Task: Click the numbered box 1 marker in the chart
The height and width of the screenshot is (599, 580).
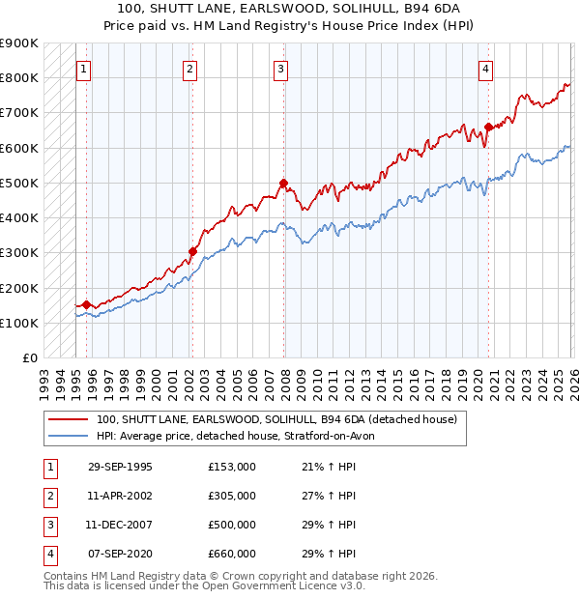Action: pyautogui.click(x=85, y=69)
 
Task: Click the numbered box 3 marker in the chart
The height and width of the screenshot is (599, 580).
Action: pyautogui.click(x=280, y=69)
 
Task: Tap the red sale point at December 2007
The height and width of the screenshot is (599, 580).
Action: pyautogui.click(x=283, y=183)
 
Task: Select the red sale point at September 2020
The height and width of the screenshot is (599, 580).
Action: pyautogui.click(x=489, y=127)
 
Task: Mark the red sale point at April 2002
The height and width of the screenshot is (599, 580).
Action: pyautogui.click(x=192, y=251)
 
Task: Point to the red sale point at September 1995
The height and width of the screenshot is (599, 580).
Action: pyautogui.click(x=87, y=304)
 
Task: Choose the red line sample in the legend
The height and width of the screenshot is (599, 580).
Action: pyautogui.click(x=68, y=419)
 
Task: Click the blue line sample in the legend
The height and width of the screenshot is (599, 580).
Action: pyautogui.click(x=68, y=436)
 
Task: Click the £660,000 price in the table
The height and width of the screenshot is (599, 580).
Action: pyautogui.click(x=231, y=555)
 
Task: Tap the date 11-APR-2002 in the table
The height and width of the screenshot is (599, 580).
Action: pyautogui.click(x=120, y=496)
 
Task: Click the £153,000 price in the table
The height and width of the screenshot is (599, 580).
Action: pyautogui.click(x=231, y=467)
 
